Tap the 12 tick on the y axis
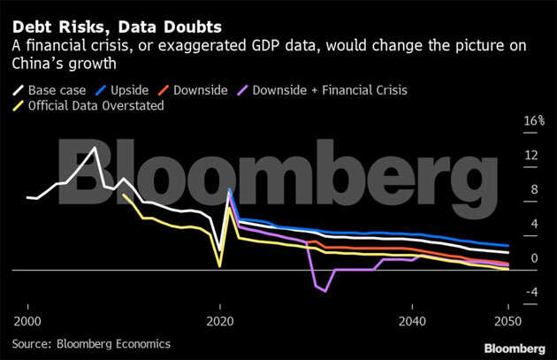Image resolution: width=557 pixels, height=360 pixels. (x=530, y=156)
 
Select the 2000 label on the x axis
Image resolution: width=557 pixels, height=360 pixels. (x=28, y=320)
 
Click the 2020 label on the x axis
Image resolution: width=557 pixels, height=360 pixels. (x=220, y=320)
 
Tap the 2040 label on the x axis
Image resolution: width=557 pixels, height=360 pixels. (x=412, y=320)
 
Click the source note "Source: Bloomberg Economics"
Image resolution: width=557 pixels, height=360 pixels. (x=92, y=343)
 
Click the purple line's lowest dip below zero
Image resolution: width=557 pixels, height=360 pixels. (x=325, y=291)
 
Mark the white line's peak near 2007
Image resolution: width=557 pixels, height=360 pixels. (x=95, y=147)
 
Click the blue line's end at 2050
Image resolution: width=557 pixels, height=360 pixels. (x=507, y=246)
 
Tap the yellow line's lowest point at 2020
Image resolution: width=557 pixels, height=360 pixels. (x=220, y=265)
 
